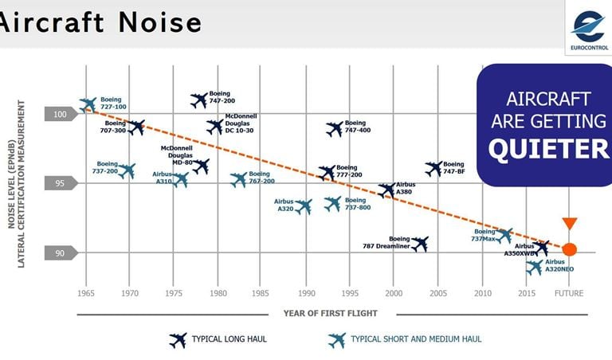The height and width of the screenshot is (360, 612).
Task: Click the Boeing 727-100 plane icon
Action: (x=88, y=104)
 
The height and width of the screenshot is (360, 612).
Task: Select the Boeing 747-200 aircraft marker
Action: (x=199, y=100)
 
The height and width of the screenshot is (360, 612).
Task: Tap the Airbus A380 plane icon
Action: (x=386, y=190)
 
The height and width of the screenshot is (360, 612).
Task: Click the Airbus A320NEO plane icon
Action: (x=534, y=268)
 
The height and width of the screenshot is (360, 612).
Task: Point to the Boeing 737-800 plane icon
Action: (x=333, y=204)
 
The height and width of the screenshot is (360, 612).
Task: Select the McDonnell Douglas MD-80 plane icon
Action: (x=201, y=166)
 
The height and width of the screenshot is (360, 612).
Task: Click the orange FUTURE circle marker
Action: (x=569, y=248)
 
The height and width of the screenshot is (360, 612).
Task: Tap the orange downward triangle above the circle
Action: (x=569, y=224)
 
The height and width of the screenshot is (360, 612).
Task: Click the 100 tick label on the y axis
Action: (x=61, y=114)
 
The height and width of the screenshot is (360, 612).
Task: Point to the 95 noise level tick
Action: (x=61, y=183)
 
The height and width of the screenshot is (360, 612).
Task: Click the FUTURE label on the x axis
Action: (x=569, y=294)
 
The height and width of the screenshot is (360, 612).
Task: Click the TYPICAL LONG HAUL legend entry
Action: (x=229, y=339)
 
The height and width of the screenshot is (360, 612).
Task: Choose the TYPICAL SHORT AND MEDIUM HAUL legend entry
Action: (x=416, y=339)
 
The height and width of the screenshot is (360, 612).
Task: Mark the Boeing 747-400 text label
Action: (x=360, y=126)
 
